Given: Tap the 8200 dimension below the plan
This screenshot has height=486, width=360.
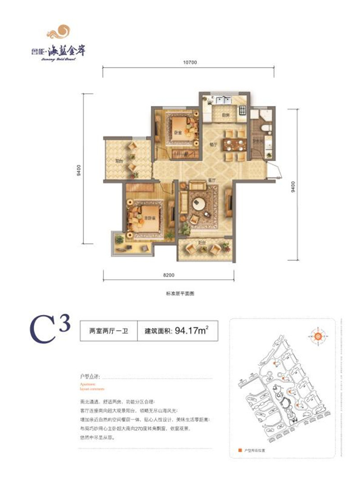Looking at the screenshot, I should point(169,274).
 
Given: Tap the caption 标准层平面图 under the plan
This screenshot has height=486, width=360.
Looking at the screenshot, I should point(180,293).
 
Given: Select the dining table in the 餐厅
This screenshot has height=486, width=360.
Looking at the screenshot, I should point(235,145).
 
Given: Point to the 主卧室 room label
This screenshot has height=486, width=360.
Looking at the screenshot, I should point(144,218).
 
